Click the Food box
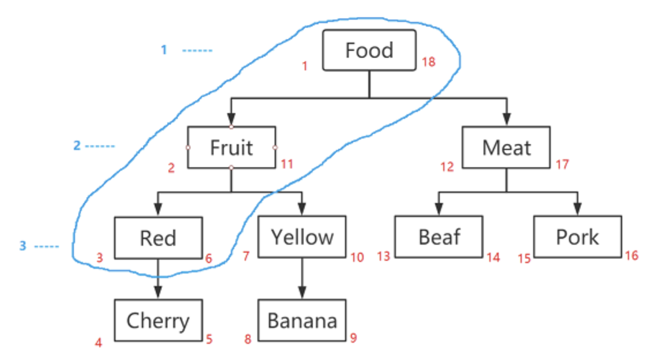pyautogui.click(x=369, y=50)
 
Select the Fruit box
pyautogui.click(x=231, y=147)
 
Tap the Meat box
pyautogui.click(x=506, y=147)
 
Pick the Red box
pyautogui.click(x=158, y=237)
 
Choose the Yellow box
pyautogui.click(x=302, y=237)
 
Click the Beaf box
pyautogui.click(x=439, y=237)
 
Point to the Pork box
pyautogui.click(x=577, y=237)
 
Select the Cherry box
pyautogui.click(x=158, y=320)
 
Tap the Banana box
pyautogui.click(x=302, y=320)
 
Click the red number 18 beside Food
pyautogui.click(x=429, y=62)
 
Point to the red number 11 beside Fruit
pyautogui.click(x=287, y=164)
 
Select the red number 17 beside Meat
pyautogui.click(x=563, y=164)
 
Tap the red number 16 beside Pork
pyautogui.click(x=632, y=255)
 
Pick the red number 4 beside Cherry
pyautogui.click(x=99, y=343)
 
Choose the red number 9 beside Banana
pyautogui.click(x=353, y=337)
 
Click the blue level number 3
pyautogui.click(x=23, y=246)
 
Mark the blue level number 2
pyautogui.click(x=77, y=145)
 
